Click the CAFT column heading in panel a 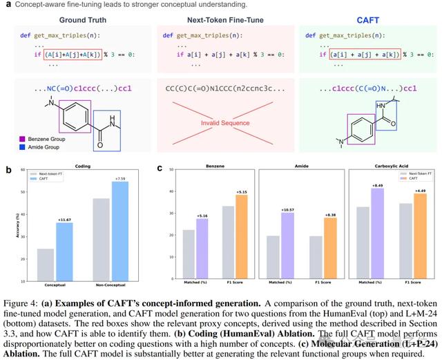click(367, 21)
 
